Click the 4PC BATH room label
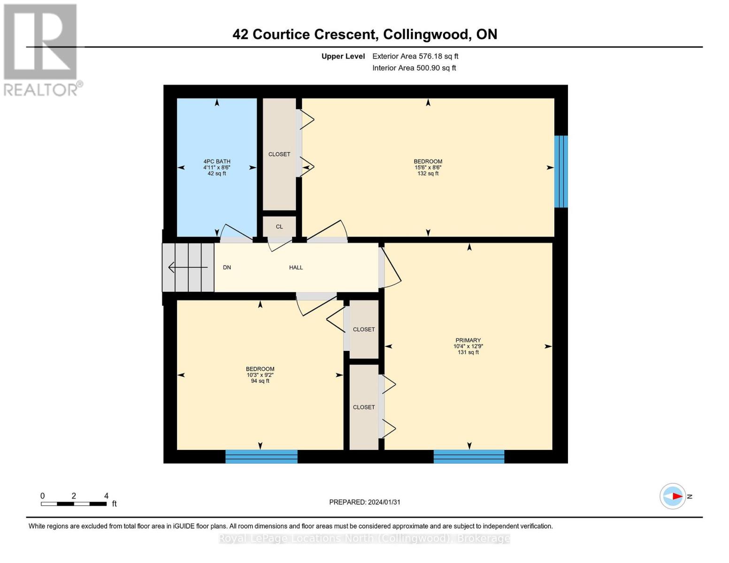coord(216,161)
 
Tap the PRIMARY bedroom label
coord(468,340)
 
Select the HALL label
coord(296,267)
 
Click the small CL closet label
coord(279,227)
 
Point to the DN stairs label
coord(227,267)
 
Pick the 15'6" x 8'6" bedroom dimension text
coord(428,167)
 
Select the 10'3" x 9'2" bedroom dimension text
coord(260,375)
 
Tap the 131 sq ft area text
coord(468,352)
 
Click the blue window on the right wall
coord(561,171)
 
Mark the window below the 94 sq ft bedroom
coord(261,456)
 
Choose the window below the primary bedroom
coord(468,456)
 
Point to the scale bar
coord(74,504)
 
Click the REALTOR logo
coord(41,50)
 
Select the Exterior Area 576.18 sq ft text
coord(415,56)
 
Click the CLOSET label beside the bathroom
coord(279,154)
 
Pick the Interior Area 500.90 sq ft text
coord(414,68)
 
